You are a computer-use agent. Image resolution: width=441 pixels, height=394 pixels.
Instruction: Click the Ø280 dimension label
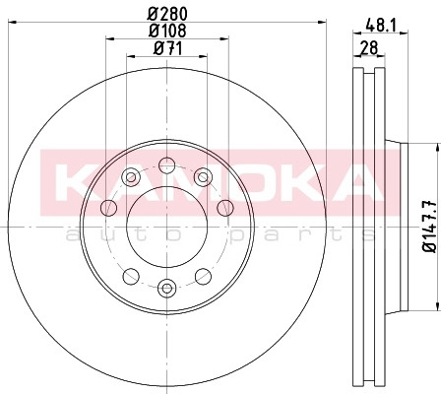tap(167, 14)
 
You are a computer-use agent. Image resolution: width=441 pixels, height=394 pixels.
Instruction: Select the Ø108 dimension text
tap(167, 31)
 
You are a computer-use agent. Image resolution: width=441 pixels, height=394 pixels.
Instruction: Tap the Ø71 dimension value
tap(167, 48)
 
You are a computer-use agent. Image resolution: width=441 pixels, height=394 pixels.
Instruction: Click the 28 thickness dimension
tap(369, 48)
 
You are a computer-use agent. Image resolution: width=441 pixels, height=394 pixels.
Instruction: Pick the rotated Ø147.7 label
tap(430, 227)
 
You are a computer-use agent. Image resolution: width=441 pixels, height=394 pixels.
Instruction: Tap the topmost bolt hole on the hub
tap(166, 164)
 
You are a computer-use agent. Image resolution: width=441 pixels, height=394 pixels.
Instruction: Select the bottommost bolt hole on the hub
tap(166, 288)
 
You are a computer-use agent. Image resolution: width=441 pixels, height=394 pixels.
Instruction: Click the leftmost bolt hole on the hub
tap(108, 208)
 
